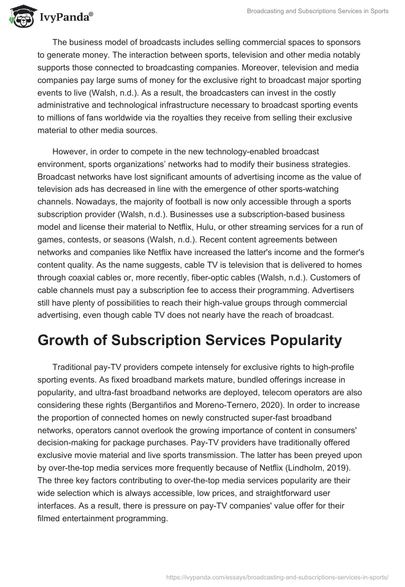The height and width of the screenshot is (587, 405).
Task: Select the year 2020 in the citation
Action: [281, 405]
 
